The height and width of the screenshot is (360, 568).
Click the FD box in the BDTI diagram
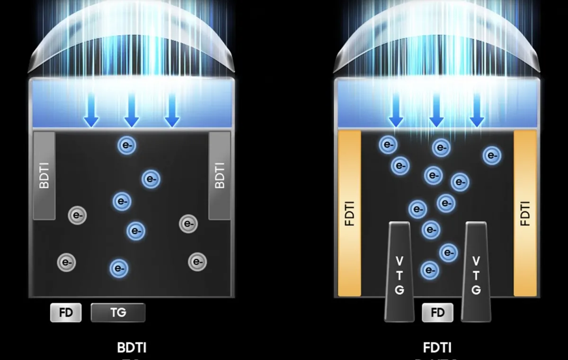tap(66, 313)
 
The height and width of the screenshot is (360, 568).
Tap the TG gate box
tap(118, 313)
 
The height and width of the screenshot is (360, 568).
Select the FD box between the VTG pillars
tap(437, 313)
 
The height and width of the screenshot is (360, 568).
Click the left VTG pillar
tap(399, 272)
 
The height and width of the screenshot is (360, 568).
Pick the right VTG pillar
tap(476, 272)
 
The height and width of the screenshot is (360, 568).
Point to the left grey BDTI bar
tap(44, 176)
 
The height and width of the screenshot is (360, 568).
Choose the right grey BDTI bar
tap(220, 176)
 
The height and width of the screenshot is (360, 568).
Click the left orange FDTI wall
tap(350, 213)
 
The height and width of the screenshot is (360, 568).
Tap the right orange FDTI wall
tap(525, 213)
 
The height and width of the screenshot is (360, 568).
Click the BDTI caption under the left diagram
tap(132, 348)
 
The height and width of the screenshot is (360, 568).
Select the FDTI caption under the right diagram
tap(437, 348)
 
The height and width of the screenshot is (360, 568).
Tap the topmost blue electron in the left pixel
tap(127, 145)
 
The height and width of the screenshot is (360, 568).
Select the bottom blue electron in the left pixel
tap(118, 269)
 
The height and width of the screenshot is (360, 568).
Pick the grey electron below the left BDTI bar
tap(77, 216)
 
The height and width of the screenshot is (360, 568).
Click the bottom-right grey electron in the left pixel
tap(197, 261)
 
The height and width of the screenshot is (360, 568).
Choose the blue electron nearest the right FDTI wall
tap(492, 155)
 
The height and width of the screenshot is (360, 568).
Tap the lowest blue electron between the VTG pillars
tap(429, 270)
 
